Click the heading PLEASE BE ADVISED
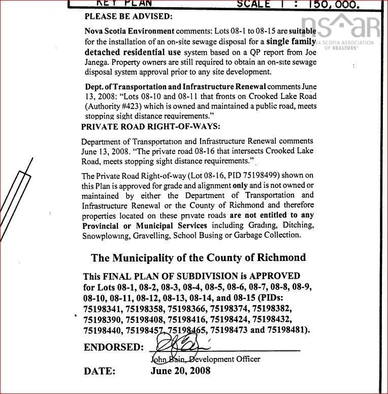click(x=128, y=16)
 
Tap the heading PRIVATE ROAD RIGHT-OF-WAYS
click(x=151, y=126)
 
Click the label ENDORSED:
click(x=114, y=348)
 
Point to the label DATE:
click(x=100, y=371)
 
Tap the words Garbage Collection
click(x=273, y=236)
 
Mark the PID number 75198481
click(x=285, y=330)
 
